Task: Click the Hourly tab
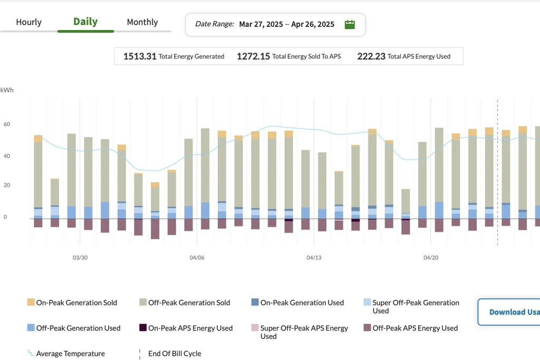pyautogui.click(x=28, y=22)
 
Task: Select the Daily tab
pyautogui.click(x=85, y=22)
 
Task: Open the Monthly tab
pyautogui.click(x=142, y=22)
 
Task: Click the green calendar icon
pyautogui.click(x=350, y=24)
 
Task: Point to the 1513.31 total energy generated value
pyautogui.click(x=140, y=56)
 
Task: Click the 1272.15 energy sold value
pyautogui.click(x=253, y=56)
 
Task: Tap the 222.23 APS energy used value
pyautogui.click(x=371, y=56)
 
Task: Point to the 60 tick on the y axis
pyautogui.click(x=7, y=124)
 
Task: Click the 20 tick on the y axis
pyautogui.click(x=7, y=185)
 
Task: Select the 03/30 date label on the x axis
pyautogui.click(x=80, y=257)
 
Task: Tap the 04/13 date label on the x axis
pyautogui.click(x=314, y=257)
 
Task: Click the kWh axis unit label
pyautogui.click(x=7, y=90)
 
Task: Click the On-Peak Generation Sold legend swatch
pyautogui.click(x=31, y=302)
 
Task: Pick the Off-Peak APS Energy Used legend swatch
pyautogui.click(x=367, y=327)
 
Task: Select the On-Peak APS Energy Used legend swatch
pyautogui.click(x=143, y=327)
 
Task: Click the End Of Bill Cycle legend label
pyautogui.click(x=175, y=354)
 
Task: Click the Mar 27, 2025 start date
pyautogui.click(x=261, y=24)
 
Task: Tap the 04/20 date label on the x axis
pyautogui.click(x=431, y=257)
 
